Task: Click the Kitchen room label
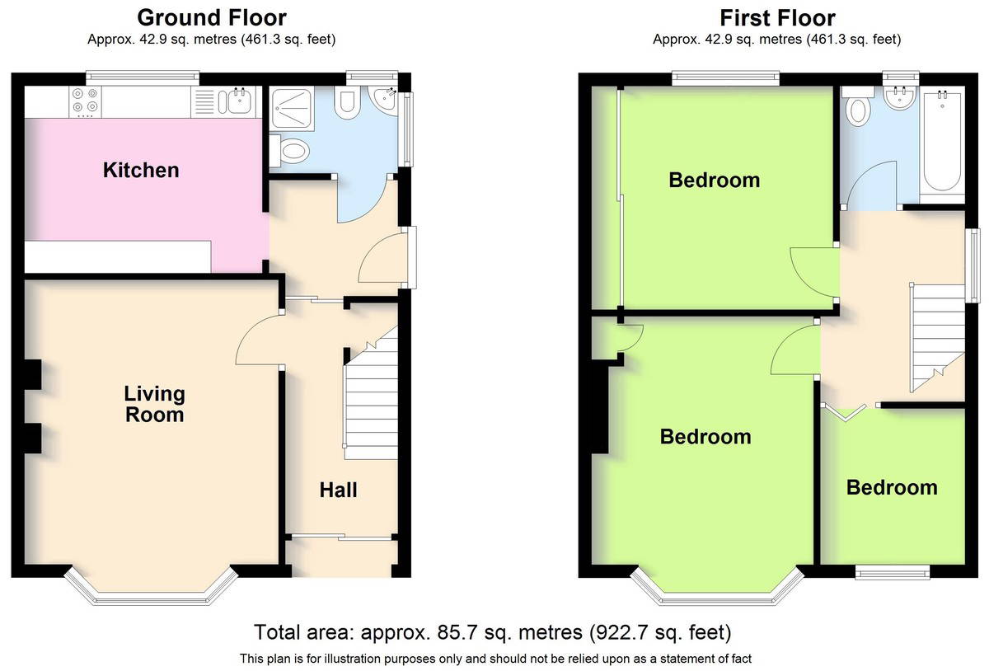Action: tap(141, 170)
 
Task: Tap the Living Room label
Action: tap(155, 404)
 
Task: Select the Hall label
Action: tap(338, 490)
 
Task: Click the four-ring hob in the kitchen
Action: tap(85, 101)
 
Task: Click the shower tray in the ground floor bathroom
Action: tap(292, 108)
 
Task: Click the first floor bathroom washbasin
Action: tap(900, 98)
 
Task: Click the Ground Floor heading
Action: tap(212, 18)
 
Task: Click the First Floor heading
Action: tap(777, 18)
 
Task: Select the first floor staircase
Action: tap(937, 338)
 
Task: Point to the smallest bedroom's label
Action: tap(892, 487)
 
